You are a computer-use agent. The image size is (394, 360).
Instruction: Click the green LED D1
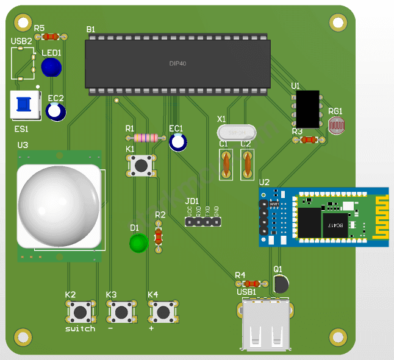[138, 244]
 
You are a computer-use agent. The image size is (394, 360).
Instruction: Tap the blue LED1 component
[51, 66]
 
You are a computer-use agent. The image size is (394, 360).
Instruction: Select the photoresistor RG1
[336, 126]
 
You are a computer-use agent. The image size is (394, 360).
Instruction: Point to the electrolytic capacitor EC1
[178, 143]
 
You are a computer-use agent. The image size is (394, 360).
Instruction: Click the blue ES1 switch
[24, 104]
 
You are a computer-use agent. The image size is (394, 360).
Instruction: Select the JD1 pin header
[203, 222]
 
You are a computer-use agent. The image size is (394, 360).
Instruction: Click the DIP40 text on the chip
[177, 63]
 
